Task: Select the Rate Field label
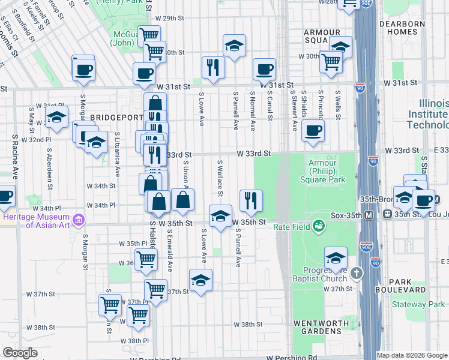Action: [291, 226]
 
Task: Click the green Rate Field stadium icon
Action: [318, 226]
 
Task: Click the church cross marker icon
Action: [357, 274]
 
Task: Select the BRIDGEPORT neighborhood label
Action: [94, 118]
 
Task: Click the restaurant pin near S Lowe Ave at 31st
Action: [212, 67]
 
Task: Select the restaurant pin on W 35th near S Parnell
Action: [251, 200]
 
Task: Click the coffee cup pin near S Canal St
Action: [264, 69]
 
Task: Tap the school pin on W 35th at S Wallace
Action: [220, 215]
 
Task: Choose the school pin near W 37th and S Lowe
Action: [200, 280]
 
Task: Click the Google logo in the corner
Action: [20, 353]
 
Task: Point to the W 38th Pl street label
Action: [134, 341]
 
